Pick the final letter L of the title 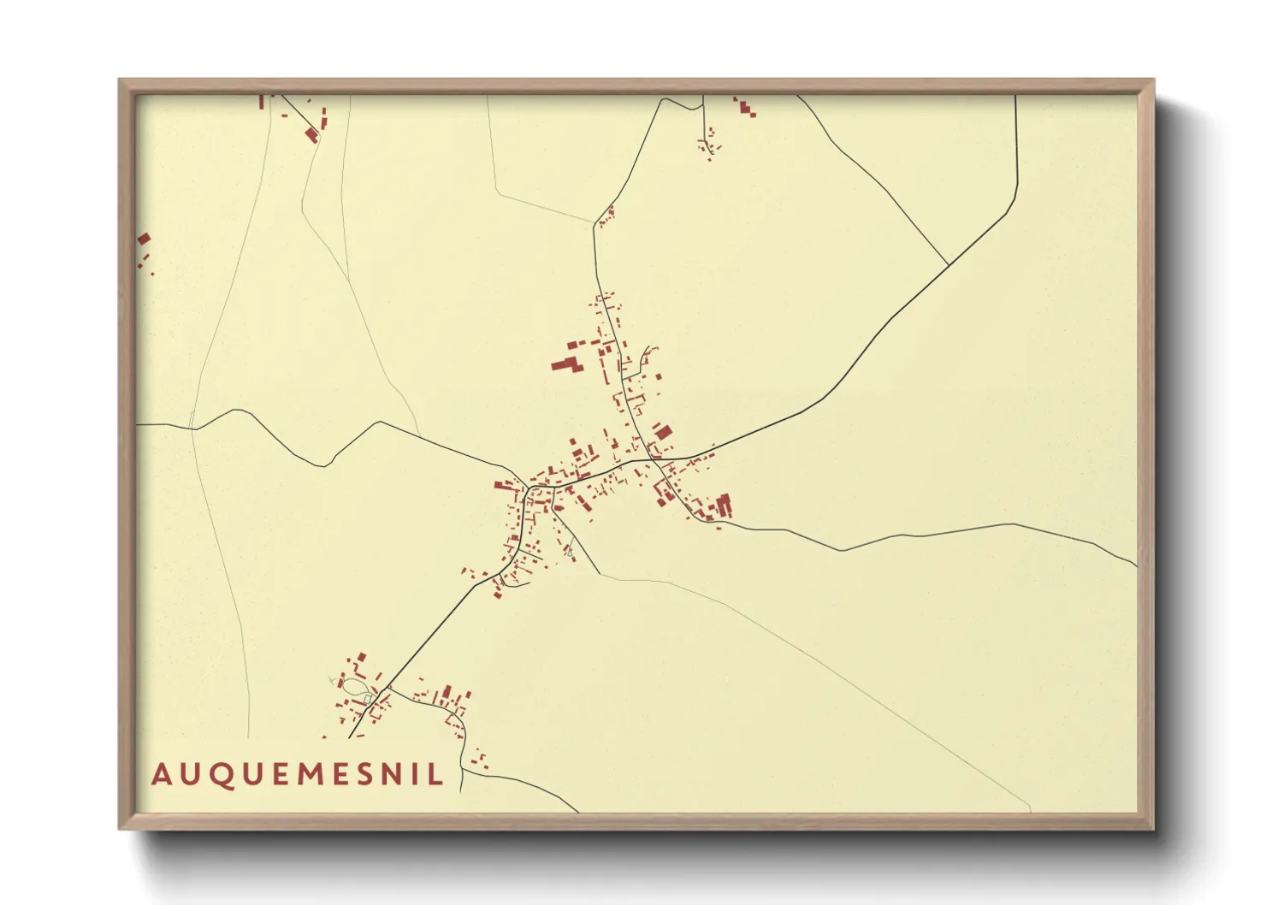436,774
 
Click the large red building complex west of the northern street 567,365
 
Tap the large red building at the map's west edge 144,240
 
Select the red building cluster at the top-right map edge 745,108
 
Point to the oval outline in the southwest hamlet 354,684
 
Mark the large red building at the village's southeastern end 724,506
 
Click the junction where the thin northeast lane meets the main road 949,265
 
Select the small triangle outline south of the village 569,553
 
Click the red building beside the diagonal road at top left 311,134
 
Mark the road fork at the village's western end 528,488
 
